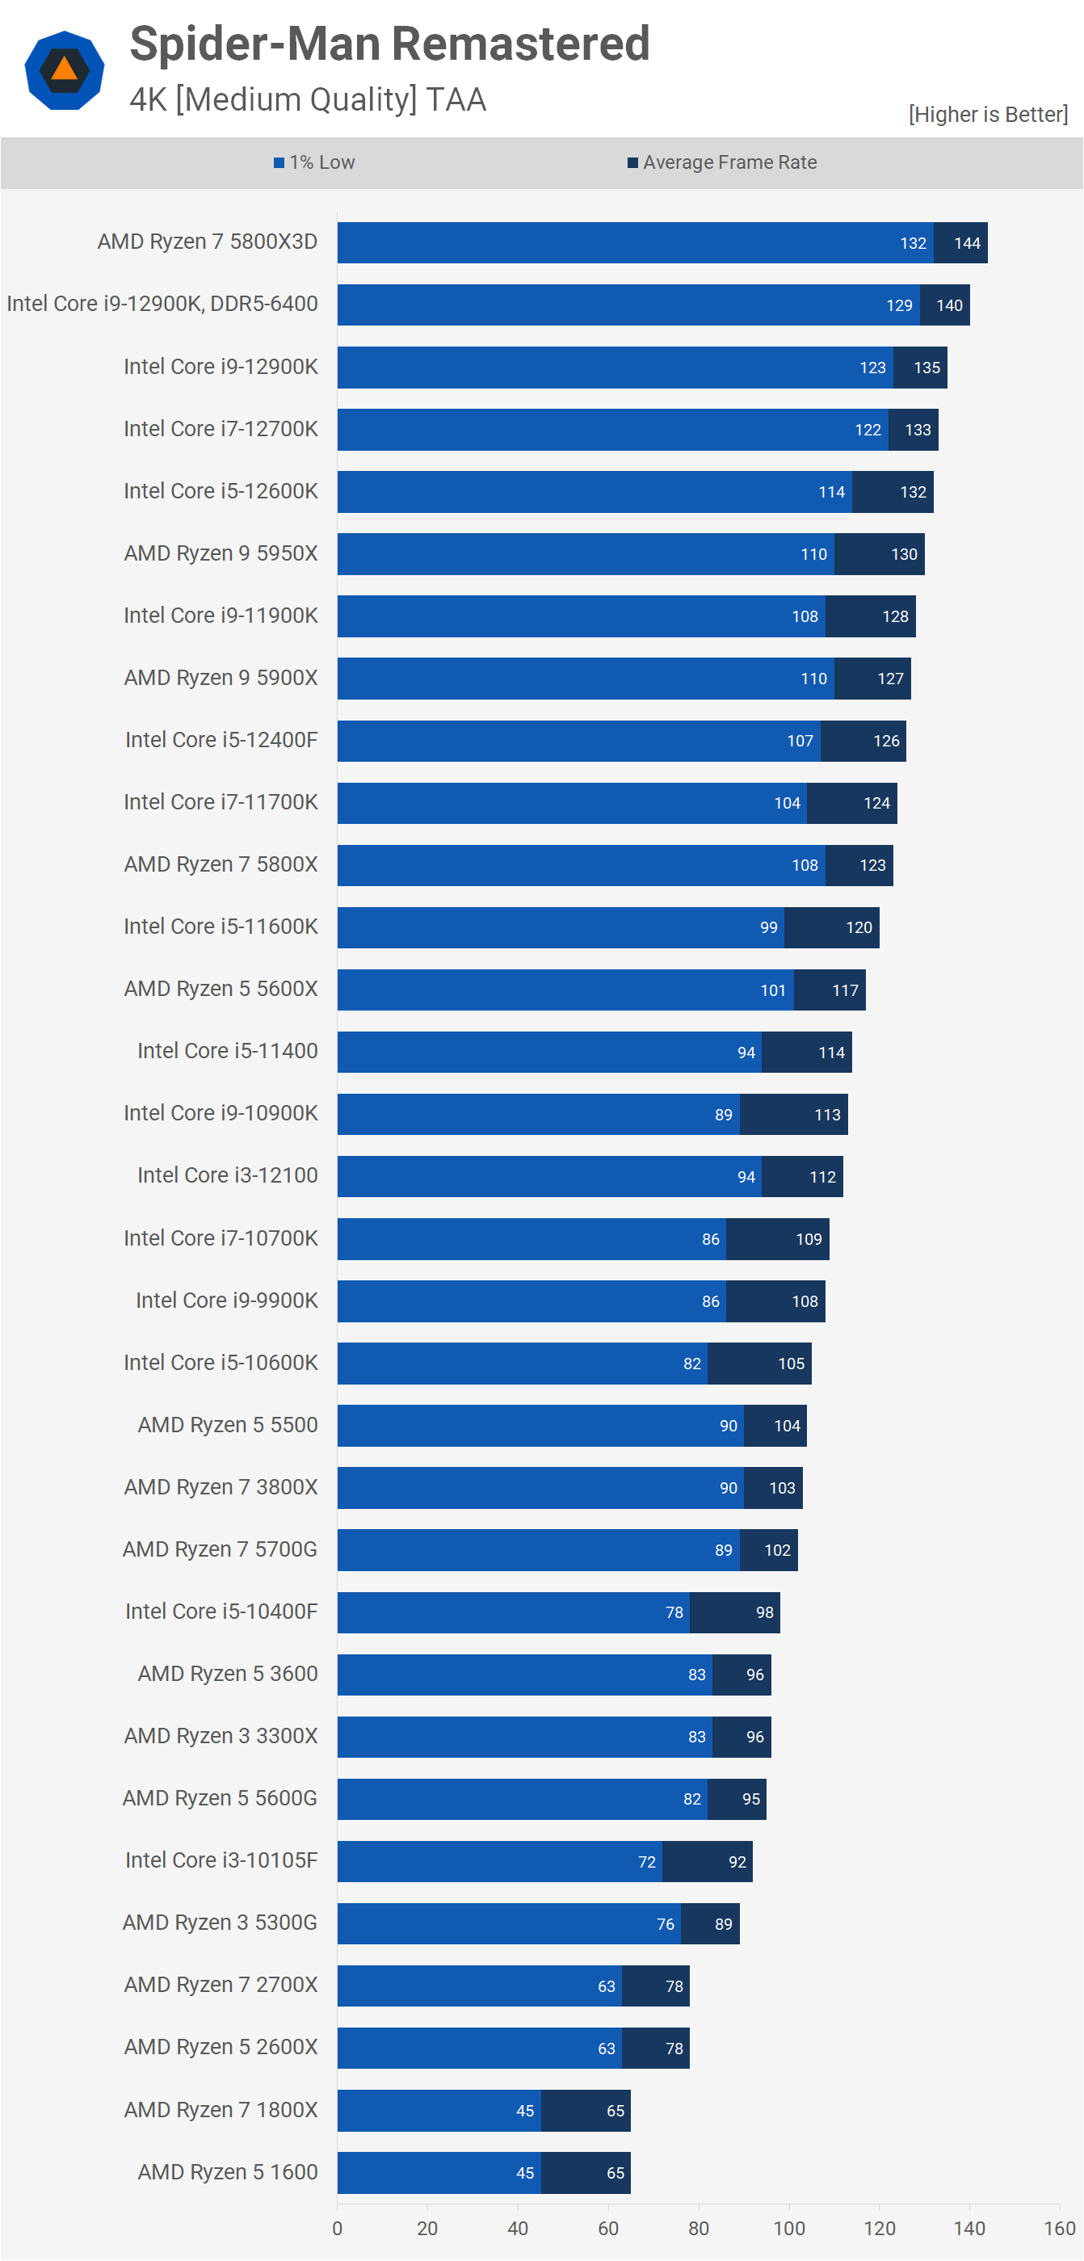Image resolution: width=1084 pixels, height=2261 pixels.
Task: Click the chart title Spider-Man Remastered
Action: point(389,44)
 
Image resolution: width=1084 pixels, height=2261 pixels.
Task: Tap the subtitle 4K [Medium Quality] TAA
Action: point(307,99)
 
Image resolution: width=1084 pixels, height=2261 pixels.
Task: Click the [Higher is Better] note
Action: point(987,114)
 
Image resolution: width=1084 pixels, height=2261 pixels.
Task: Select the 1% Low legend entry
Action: point(314,162)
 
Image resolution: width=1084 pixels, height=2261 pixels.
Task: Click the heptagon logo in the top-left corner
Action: point(64,70)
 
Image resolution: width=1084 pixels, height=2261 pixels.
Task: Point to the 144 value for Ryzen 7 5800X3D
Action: point(966,243)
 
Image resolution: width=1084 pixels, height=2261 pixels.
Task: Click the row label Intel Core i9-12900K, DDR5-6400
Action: point(162,304)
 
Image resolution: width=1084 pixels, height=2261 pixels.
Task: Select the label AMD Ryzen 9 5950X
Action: point(221,553)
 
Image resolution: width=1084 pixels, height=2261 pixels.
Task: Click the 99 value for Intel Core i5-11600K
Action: point(768,928)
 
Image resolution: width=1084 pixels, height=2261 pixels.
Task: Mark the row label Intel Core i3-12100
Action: point(227,1175)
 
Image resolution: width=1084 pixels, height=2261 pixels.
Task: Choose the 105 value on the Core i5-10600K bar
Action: point(790,1363)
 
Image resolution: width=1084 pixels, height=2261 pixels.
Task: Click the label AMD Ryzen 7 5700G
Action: point(220,1549)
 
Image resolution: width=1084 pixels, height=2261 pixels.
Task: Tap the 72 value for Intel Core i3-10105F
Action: point(646,1862)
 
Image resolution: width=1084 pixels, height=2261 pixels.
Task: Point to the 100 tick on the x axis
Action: point(788,2228)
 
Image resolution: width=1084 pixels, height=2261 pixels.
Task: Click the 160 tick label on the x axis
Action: point(1058,2228)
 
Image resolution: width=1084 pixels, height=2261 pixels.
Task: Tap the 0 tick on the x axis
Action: point(337,2228)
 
